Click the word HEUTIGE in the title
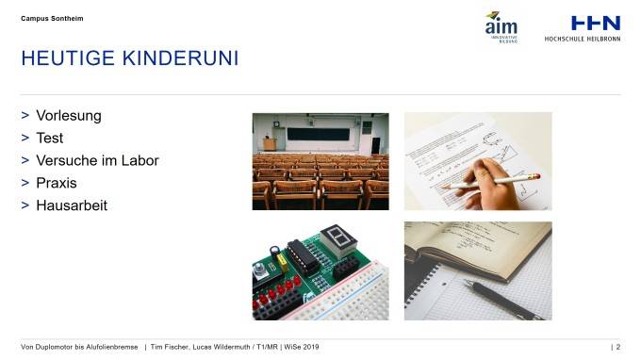point(68,59)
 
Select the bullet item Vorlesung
point(68,116)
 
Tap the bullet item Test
point(49,138)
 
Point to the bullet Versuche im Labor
point(97,160)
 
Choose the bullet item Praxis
point(56,183)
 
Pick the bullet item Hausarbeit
point(72,205)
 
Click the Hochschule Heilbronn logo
point(582,27)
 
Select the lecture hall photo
point(320,161)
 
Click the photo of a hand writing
point(478,161)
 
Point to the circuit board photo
point(320,271)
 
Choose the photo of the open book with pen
point(478,271)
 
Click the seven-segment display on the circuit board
point(335,241)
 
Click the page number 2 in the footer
point(617,347)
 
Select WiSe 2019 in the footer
point(299,347)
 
